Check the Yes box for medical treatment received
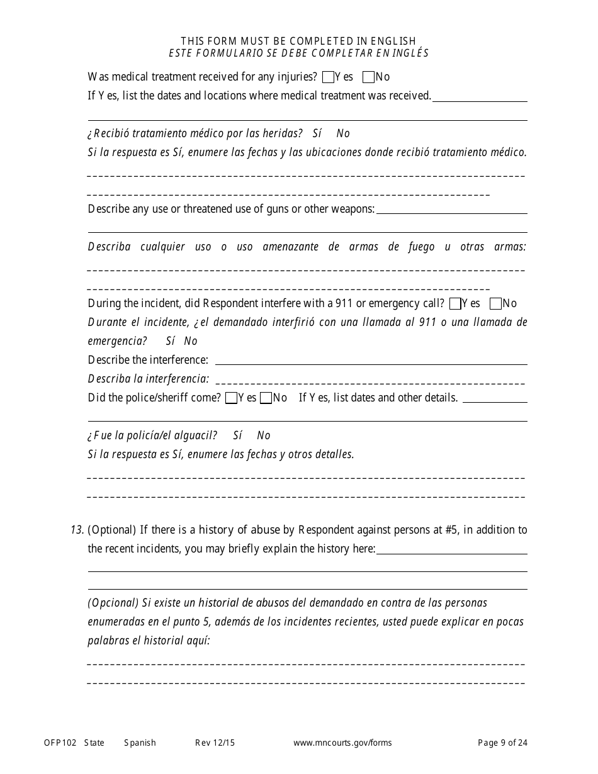tap(327, 77)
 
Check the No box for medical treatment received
tap(369, 77)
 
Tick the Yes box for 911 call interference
tap(455, 304)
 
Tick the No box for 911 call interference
tap(495, 304)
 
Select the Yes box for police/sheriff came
tap(231, 398)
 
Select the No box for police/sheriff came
tap(266, 398)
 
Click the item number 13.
tap(77, 530)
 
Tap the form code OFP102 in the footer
tap(60, 743)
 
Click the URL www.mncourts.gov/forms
tap(342, 743)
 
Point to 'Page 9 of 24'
tap(502, 743)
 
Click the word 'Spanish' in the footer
tap(140, 743)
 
